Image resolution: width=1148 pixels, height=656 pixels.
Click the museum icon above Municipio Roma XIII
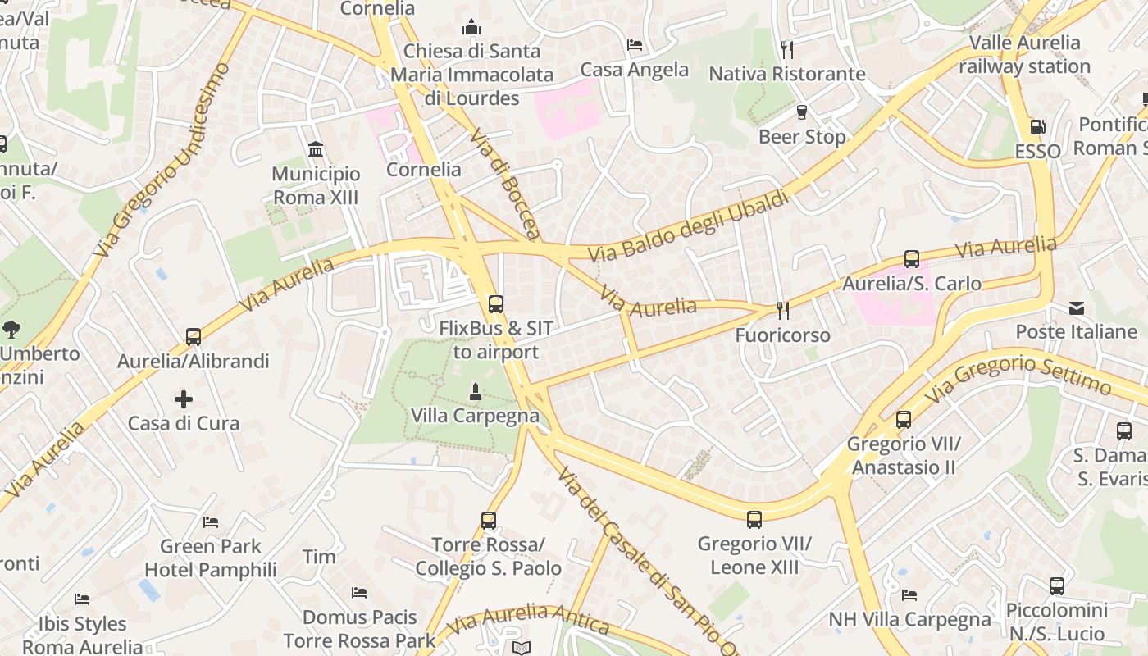point(316,149)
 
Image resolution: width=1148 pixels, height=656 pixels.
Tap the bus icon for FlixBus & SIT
point(495,304)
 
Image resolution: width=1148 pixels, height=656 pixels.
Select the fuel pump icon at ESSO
point(1037,127)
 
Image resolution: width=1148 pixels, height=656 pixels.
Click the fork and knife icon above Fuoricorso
point(783,310)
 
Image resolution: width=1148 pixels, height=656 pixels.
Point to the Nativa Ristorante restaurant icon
point(787,49)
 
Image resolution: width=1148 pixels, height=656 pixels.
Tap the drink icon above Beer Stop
point(802,112)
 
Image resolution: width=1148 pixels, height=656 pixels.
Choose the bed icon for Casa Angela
point(634,44)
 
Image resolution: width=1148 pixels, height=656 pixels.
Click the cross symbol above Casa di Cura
point(184,399)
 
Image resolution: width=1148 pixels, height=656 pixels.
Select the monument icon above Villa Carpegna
point(475,391)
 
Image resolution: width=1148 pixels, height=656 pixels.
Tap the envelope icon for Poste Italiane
point(1077,307)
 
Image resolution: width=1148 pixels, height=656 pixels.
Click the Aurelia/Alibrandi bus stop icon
point(194,336)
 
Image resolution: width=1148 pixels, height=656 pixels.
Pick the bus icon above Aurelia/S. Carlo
point(911,259)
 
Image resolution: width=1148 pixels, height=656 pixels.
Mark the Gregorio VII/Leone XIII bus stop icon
point(754,519)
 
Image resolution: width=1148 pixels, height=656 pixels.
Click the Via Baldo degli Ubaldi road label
point(689,226)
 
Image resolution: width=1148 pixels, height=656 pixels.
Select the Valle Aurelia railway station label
point(1025,54)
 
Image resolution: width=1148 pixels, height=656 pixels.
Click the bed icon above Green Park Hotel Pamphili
point(211,522)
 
